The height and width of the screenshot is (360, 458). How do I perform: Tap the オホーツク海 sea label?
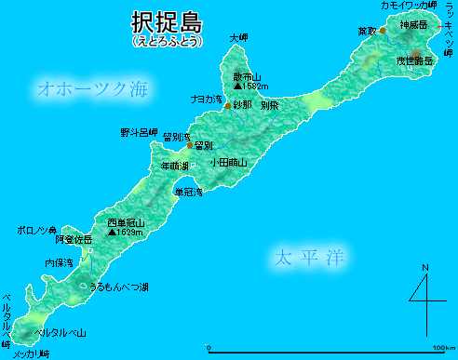pyautogui.click(x=92, y=89)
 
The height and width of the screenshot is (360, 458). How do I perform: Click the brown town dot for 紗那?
pyautogui.click(x=228, y=106)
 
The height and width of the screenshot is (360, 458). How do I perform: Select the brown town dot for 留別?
pyautogui.click(x=189, y=145)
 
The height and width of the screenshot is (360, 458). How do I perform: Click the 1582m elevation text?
pyautogui.click(x=251, y=87)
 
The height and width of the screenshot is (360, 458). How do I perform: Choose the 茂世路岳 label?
pyautogui.click(x=414, y=60)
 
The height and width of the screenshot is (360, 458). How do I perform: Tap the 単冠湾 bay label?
pyautogui.click(x=189, y=193)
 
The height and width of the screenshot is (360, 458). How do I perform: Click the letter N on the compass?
pyautogui.click(x=425, y=270)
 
